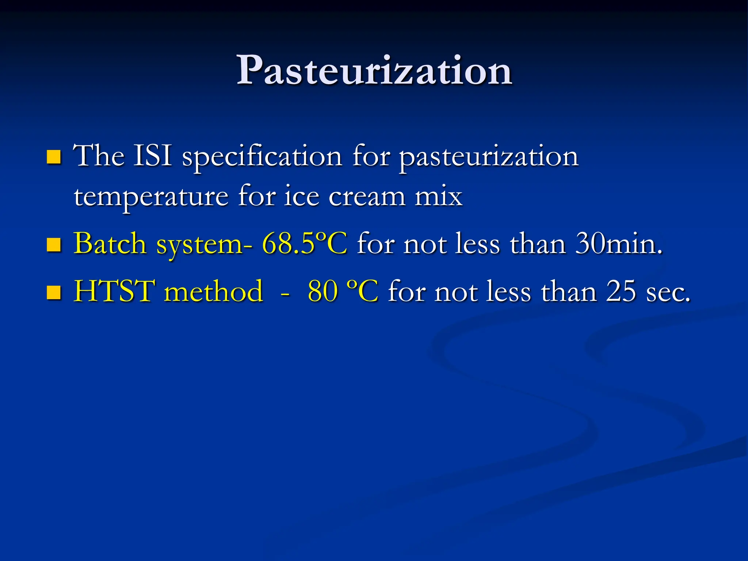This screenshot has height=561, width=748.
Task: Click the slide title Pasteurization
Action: coord(374,70)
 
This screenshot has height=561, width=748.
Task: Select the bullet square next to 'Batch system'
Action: coord(54,245)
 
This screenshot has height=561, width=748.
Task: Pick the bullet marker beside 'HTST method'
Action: coord(54,292)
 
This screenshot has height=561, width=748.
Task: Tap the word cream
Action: coord(367,197)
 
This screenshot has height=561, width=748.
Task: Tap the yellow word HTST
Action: coord(114,291)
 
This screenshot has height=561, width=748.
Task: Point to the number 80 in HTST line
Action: coord(323,291)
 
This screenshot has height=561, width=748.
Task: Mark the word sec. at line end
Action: coord(668,293)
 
